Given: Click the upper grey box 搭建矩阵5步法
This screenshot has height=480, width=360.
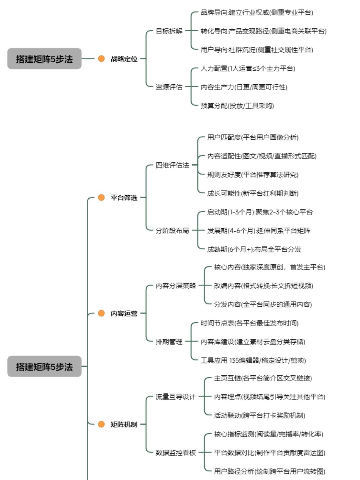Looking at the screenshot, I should click(x=44, y=59).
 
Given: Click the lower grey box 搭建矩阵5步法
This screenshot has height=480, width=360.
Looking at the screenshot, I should click(x=44, y=367).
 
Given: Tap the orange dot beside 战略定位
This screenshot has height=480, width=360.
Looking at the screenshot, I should click(x=101, y=59).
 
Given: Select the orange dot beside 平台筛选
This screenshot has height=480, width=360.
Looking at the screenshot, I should click(x=101, y=197).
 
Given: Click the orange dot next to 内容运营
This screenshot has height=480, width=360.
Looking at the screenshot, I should click(x=101, y=313).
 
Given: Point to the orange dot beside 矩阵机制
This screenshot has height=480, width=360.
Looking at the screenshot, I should click(x=101, y=424).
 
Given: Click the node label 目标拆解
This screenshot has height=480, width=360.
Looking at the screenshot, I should click(x=169, y=31).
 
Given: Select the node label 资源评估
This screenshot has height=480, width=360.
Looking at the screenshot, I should click(x=169, y=87).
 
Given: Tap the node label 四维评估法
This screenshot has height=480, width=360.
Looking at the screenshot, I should click(x=172, y=165).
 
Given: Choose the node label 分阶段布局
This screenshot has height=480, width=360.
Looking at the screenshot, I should click(x=172, y=231).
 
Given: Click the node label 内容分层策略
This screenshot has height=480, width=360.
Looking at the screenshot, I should click(x=176, y=286).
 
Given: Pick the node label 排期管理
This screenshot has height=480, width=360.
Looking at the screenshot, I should click(x=169, y=342).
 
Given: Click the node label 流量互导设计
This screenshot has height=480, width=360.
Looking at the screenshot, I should click(x=176, y=397).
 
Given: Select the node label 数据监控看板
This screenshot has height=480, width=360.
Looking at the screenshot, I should click(x=176, y=453).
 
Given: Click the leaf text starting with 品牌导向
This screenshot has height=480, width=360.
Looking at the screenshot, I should click(x=257, y=12).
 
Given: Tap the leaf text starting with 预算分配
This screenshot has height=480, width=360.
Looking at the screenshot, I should click(x=237, y=106).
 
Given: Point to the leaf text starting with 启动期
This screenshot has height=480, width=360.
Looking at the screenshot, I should click(x=260, y=212).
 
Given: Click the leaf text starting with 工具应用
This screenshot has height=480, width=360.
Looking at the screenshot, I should click(x=253, y=361).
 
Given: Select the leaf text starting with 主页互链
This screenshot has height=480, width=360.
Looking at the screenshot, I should click(x=263, y=378).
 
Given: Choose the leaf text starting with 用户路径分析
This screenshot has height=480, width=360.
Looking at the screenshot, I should click(x=270, y=472).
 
